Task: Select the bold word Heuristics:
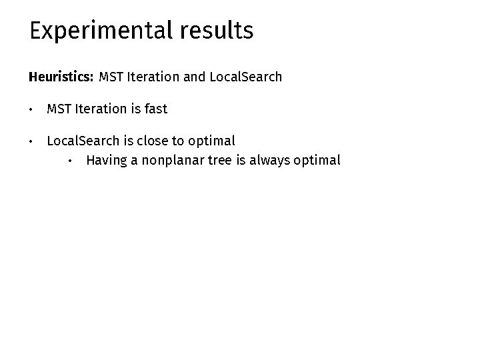pos(61,77)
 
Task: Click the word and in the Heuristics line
pos(194,77)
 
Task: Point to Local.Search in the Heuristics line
pos(245,77)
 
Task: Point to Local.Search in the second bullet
pos(83,141)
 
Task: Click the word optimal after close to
pos(211,141)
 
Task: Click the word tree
pos(220,160)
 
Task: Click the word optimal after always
pos(317,160)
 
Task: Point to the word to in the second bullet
pos(178,141)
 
